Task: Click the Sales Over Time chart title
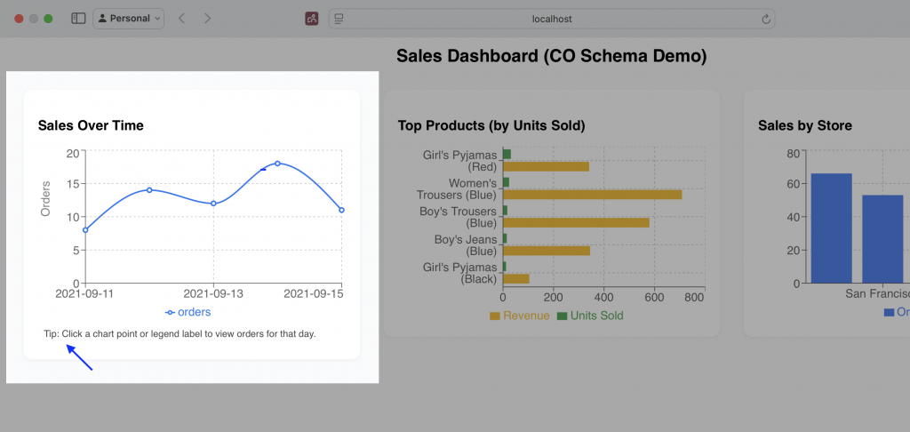(x=91, y=125)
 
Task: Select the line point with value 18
(x=277, y=164)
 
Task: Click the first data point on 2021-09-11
(x=85, y=230)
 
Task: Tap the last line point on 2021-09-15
(x=341, y=211)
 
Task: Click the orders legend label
(x=194, y=312)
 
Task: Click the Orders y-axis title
(x=46, y=198)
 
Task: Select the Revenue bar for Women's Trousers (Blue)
(x=592, y=194)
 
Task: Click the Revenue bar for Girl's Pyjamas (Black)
(x=516, y=278)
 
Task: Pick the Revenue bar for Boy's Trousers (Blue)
(x=576, y=222)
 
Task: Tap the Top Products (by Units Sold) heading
(x=491, y=125)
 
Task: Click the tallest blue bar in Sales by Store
(x=831, y=228)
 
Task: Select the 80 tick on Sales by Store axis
(x=793, y=153)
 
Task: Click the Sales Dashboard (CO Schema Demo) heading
(x=551, y=56)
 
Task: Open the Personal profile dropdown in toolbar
(x=128, y=18)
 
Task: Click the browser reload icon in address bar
(x=765, y=18)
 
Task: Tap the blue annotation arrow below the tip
(x=80, y=357)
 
